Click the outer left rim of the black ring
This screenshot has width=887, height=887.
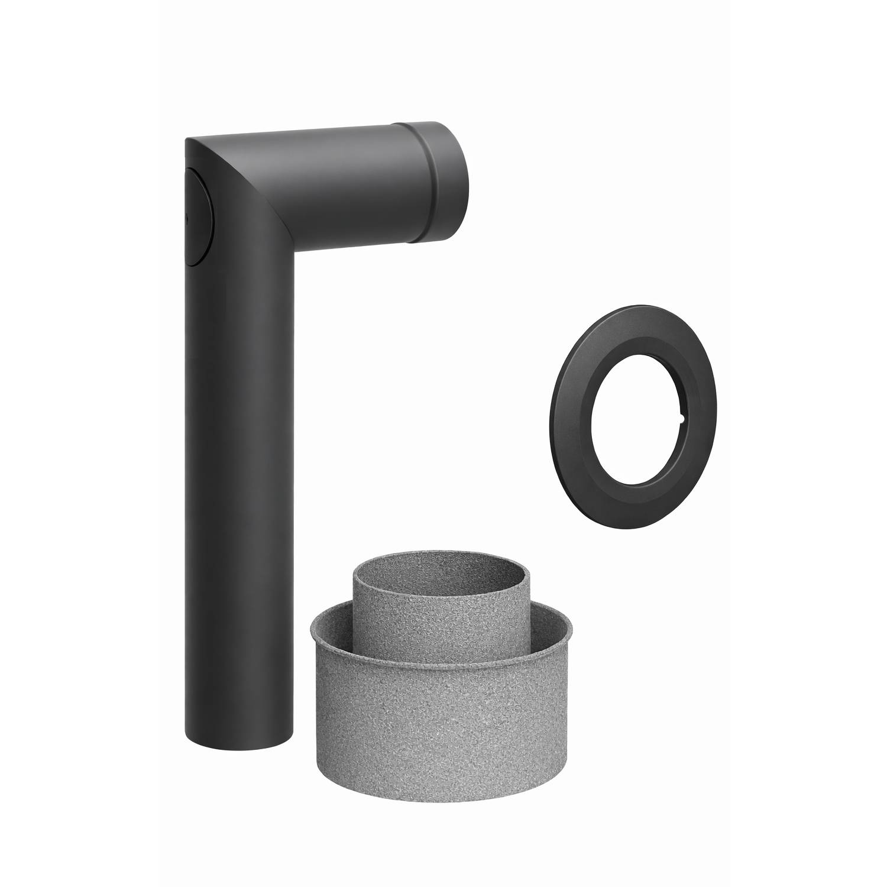(555, 420)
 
